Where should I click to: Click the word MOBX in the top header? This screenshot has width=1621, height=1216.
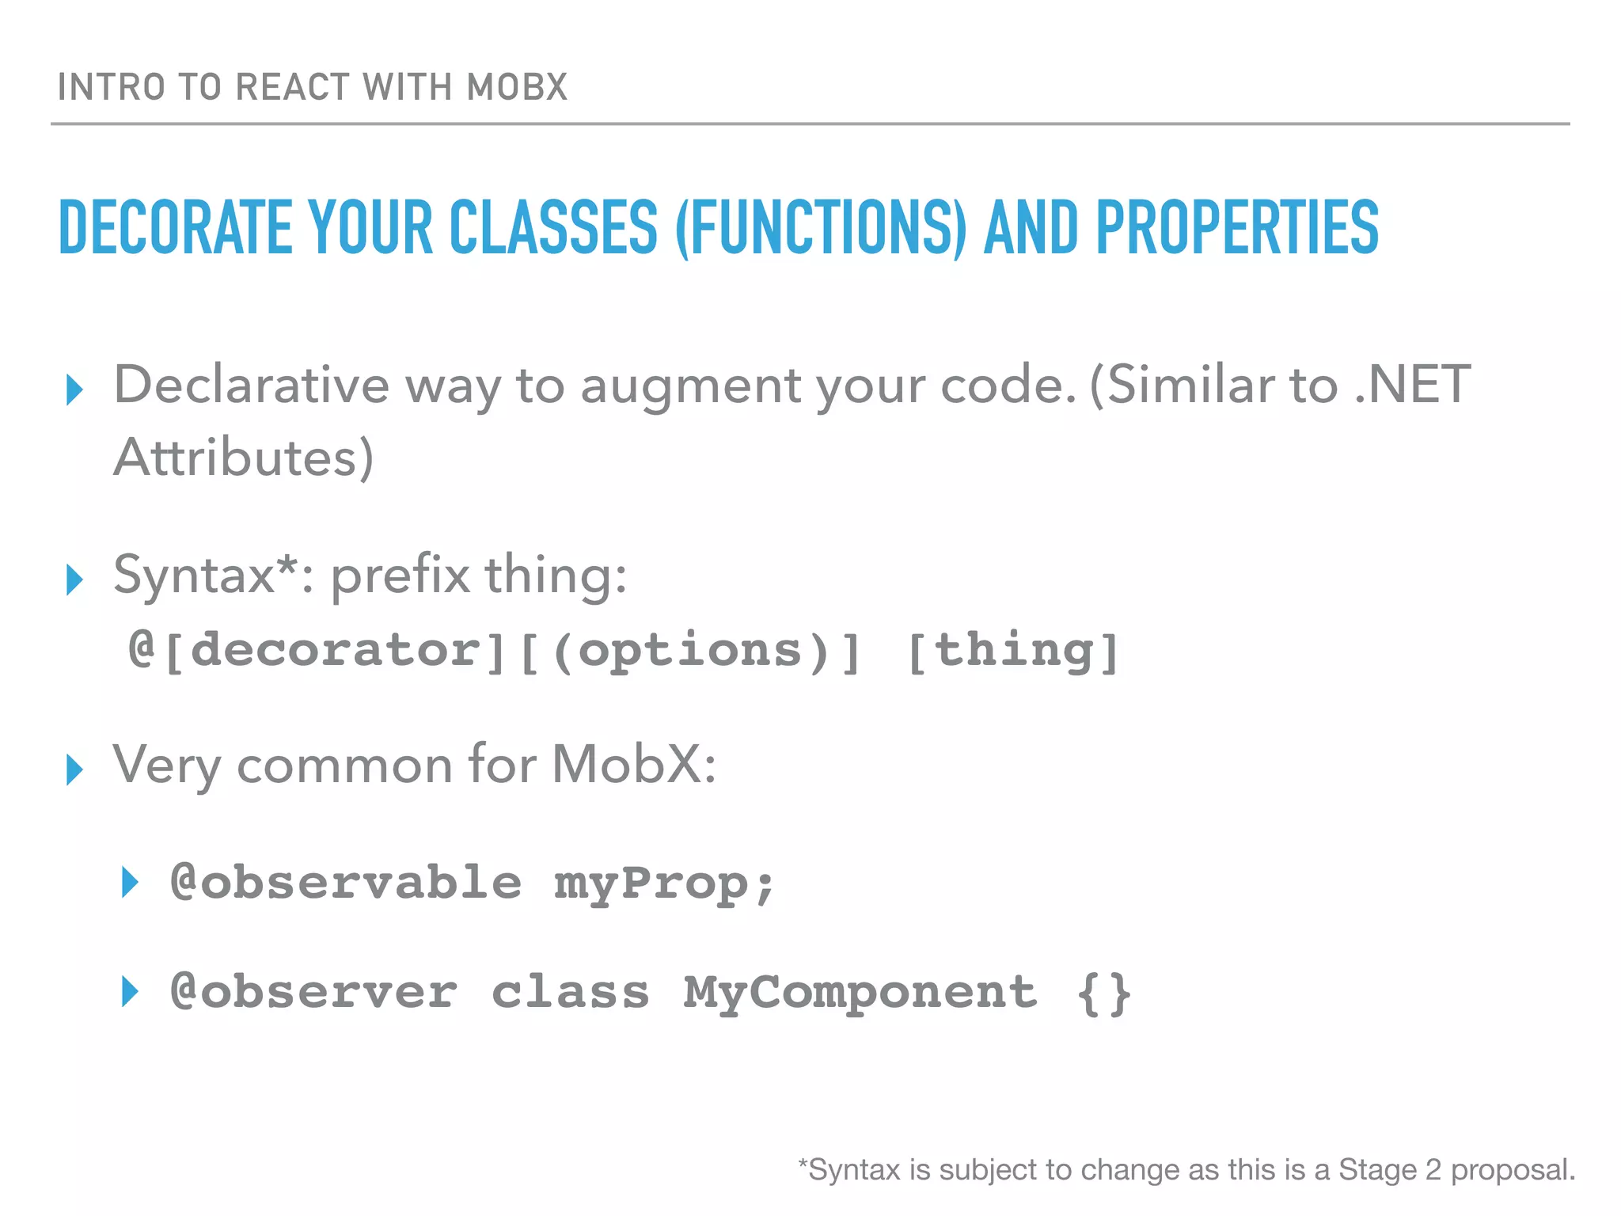pyautogui.click(x=517, y=87)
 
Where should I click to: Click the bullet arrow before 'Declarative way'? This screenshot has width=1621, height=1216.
pyautogui.click(x=75, y=389)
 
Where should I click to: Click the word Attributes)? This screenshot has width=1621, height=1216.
pyautogui.click(x=243, y=458)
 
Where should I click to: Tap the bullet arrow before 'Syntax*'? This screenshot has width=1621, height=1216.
pyautogui.click(x=75, y=579)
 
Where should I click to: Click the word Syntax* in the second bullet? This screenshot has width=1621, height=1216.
pyautogui.click(x=206, y=576)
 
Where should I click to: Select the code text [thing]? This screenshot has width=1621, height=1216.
pyautogui.click(x=1014, y=651)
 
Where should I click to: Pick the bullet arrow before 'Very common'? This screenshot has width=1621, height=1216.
pyautogui.click(x=75, y=769)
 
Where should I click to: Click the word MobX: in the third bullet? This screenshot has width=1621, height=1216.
pyautogui.click(x=634, y=765)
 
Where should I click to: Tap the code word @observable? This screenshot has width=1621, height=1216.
pyautogui.click(x=346, y=882)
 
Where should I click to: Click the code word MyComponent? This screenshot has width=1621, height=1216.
pyautogui.click(x=860, y=993)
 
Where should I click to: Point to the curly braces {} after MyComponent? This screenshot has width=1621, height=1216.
pyautogui.click(x=1104, y=993)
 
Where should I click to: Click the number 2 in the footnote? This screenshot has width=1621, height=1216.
pyautogui.click(x=1433, y=1169)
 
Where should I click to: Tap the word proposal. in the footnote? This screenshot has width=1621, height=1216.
pyautogui.click(x=1513, y=1170)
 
